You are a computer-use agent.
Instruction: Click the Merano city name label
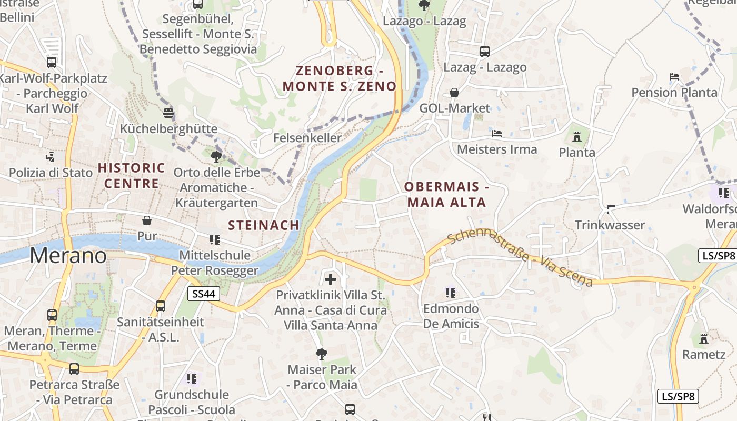pos(68,256)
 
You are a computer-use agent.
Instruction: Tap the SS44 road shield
pos(204,294)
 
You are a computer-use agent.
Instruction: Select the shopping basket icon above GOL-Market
pos(454,93)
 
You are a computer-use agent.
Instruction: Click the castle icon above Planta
pos(577,137)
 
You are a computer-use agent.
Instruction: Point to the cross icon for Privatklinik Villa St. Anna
pos(331,279)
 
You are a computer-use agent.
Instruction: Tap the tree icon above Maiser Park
pos(321,354)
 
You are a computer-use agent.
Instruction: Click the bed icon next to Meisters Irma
pos(497,134)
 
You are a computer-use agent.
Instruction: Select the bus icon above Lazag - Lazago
pos(485,52)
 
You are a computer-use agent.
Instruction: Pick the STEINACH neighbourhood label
pos(264,225)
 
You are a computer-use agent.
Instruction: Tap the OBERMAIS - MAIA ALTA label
pos(446,194)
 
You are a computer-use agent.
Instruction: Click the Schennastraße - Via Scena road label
pos(520,258)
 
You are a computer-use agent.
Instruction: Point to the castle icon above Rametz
pos(704,338)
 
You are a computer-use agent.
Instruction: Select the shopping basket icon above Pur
pos(147,220)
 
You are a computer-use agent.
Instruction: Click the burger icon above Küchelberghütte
pos(168,113)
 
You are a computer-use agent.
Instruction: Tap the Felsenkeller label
pos(307,138)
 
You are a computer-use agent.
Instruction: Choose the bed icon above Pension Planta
pos(674,77)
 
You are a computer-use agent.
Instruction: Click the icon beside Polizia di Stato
pos(51,157)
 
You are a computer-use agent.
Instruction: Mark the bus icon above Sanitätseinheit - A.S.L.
pos(160,306)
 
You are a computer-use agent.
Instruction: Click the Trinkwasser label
pos(610,225)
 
